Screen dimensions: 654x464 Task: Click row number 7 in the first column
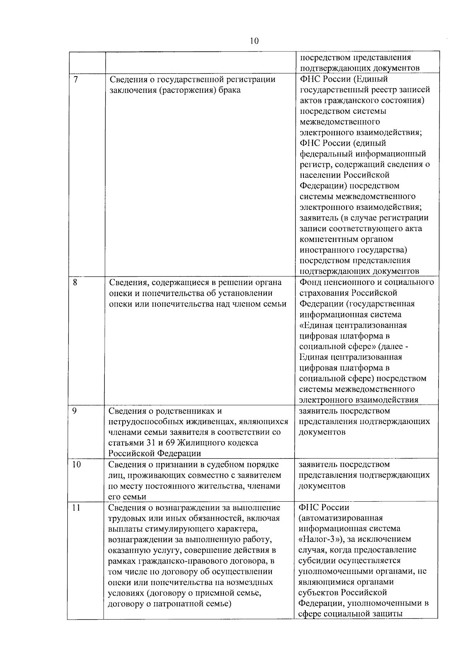point(75,79)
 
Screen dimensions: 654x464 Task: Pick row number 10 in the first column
point(77,464)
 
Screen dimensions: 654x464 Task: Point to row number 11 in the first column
point(76,507)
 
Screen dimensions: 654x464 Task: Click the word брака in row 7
point(230,90)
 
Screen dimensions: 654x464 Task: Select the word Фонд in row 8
point(309,282)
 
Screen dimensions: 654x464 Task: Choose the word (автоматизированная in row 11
point(341,518)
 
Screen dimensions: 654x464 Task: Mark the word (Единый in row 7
point(370,79)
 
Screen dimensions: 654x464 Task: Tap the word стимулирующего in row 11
point(173,528)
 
